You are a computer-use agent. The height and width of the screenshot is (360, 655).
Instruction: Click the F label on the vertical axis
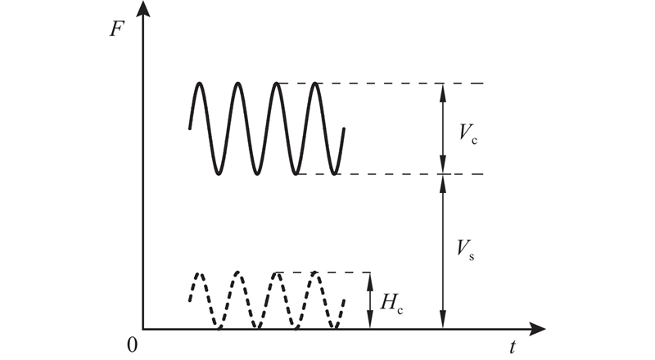point(116,29)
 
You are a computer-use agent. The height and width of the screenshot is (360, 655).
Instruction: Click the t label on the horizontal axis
point(513,347)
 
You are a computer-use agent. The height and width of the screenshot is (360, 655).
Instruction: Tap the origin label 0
point(132,345)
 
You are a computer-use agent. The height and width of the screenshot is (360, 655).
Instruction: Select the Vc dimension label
point(468,133)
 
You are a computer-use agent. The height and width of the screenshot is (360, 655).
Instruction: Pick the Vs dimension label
point(465,249)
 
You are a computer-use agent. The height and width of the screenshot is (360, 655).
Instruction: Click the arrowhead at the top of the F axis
point(143,9)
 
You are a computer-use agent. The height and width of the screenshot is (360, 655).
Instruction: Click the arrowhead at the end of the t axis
point(538,329)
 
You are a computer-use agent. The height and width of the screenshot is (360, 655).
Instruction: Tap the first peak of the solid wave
point(200,83)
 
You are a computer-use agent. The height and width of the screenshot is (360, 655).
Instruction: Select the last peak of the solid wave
point(315,83)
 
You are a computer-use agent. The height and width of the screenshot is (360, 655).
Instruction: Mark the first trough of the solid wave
point(219,173)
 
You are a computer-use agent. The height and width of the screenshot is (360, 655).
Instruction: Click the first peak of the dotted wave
point(200,273)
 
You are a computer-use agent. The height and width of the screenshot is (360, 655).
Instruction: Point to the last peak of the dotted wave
point(314,273)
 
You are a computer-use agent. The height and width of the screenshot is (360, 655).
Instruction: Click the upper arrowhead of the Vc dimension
point(443,92)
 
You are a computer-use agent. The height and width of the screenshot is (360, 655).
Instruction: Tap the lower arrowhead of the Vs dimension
point(443,320)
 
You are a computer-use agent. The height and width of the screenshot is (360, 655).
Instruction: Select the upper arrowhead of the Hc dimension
point(370,281)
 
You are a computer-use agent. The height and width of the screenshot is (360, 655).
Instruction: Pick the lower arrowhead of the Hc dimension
point(370,320)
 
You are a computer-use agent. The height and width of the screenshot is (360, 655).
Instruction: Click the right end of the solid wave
point(344,129)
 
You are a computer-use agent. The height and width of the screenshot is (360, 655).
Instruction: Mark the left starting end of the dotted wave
point(190,299)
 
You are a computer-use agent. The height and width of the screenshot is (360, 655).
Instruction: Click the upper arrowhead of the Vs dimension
point(443,183)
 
